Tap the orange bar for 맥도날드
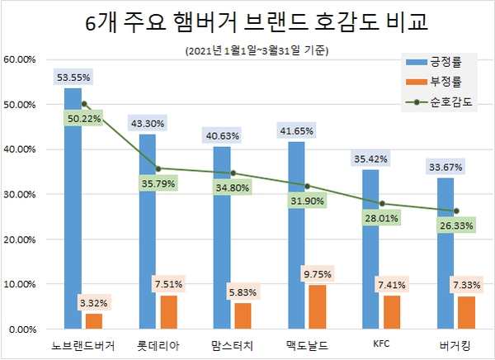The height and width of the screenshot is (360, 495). pyautogui.click(x=318, y=306)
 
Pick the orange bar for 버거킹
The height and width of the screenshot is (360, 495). pyautogui.click(x=466, y=312)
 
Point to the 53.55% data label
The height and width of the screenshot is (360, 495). pyautogui.click(x=73, y=78)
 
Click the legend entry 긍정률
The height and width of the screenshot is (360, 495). pyautogui.click(x=445, y=60)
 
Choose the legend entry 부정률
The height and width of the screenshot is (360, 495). pyautogui.click(x=445, y=82)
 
